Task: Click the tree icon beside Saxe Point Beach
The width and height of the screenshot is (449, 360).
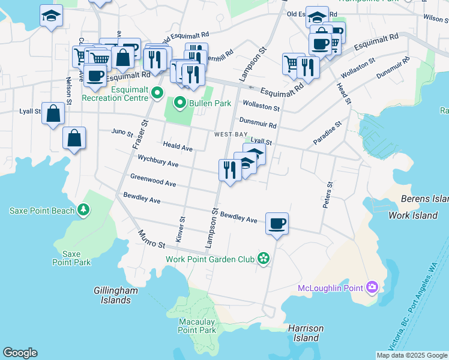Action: pos(83,210)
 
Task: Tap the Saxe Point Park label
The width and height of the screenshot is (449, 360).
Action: pos(71,258)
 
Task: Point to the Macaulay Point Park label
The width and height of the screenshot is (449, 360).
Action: pos(197,326)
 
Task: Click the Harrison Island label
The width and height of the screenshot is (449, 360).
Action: pos(306,333)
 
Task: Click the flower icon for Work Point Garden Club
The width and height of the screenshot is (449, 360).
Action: pos(262,259)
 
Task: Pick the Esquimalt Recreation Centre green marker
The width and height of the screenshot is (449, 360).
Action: pos(157,93)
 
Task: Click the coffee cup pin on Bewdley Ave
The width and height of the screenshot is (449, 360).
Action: pos(277,224)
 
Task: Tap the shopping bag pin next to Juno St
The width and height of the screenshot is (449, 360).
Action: pos(74,139)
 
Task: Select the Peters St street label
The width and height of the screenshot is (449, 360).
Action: pos(327,195)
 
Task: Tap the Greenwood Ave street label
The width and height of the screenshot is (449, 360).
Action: pos(153,180)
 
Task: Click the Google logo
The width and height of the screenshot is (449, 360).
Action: pos(20,353)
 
